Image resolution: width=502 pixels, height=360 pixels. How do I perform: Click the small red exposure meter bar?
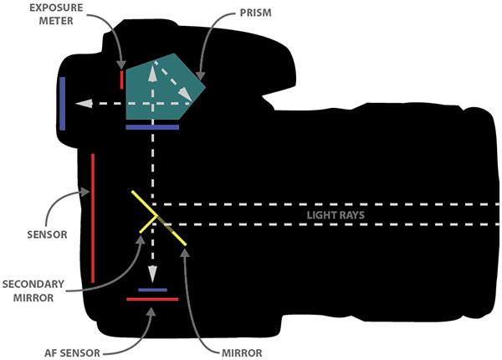point(122,80)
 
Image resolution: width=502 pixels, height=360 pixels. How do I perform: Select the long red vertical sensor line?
point(93,218)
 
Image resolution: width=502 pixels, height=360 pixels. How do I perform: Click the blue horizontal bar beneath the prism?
point(152,128)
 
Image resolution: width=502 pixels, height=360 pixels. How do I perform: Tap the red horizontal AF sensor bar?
point(152,299)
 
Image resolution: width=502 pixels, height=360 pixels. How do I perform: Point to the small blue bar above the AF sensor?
point(152,290)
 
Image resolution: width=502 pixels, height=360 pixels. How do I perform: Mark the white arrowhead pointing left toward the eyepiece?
point(80,104)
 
